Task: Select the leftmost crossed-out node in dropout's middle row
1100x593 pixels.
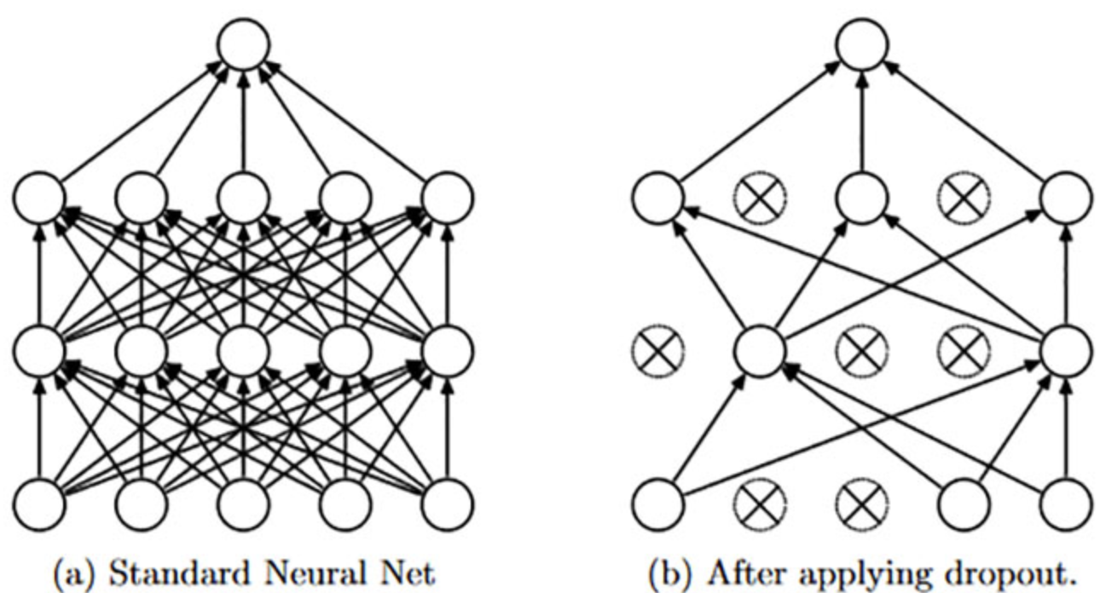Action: (657, 350)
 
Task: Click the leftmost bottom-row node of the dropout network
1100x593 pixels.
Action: (657, 504)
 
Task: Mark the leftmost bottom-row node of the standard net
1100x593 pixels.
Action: (38, 504)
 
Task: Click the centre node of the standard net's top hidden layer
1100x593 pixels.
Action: (244, 198)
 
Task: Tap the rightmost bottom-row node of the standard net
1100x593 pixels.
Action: (448, 504)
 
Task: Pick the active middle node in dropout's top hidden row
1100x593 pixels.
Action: (861, 198)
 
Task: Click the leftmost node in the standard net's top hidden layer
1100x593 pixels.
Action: (38, 198)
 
